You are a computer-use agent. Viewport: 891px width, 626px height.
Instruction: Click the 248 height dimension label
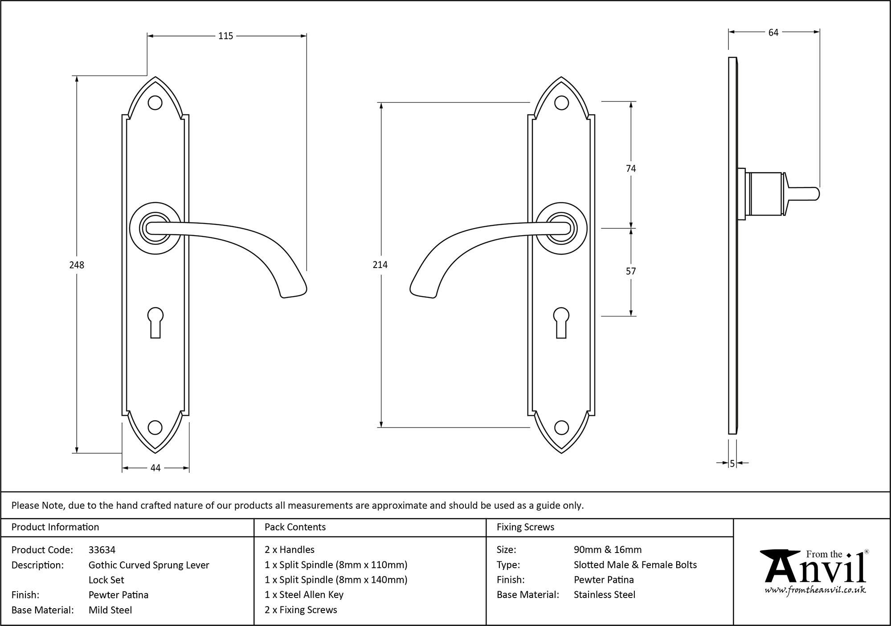(77, 265)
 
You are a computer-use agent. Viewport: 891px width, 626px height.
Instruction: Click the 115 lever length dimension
(225, 36)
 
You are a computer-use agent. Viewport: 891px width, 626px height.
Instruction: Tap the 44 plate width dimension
(155, 468)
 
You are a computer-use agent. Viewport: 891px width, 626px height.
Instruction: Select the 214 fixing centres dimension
(380, 265)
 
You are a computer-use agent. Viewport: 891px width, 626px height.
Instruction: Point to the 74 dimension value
(631, 168)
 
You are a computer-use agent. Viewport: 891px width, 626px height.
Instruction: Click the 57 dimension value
(631, 271)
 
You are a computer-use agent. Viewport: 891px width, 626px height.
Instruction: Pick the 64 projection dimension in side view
(773, 33)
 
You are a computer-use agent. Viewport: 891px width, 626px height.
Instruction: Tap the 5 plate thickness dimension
(732, 464)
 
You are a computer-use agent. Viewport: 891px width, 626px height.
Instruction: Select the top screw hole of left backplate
(155, 103)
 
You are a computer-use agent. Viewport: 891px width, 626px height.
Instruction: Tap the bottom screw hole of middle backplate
(561, 428)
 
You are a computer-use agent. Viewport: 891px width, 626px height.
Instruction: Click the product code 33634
(102, 550)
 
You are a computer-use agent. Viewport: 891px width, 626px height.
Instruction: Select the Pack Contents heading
(295, 527)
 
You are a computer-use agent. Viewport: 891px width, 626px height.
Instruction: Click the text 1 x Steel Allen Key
(304, 595)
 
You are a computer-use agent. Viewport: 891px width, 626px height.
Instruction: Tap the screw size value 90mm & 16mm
(608, 550)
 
